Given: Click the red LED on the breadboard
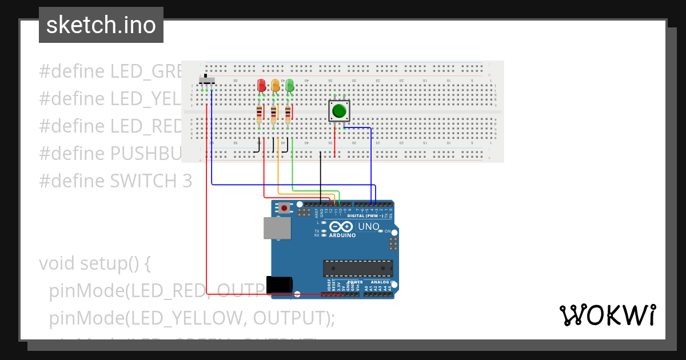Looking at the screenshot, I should click(x=262, y=86).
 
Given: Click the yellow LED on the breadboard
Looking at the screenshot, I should click(x=276, y=86).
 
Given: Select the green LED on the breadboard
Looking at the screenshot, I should click(x=289, y=86).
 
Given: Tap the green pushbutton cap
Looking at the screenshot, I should click(x=339, y=110).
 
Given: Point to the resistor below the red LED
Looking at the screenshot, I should click(x=260, y=114).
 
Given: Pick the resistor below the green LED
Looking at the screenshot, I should click(x=288, y=114).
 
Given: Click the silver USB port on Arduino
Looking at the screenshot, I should click(x=277, y=227).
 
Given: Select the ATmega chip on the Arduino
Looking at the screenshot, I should click(x=358, y=268).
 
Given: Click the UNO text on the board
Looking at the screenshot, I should click(x=369, y=227).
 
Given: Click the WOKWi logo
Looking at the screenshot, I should click(x=607, y=315).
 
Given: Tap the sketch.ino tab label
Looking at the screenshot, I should click(x=101, y=25).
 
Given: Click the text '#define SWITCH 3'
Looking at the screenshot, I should click(x=115, y=181).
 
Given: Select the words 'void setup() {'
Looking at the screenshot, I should click(x=95, y=263).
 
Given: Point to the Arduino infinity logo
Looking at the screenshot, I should click(x=342, y=227).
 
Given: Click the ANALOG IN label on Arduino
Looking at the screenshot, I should click(x=381, y=282).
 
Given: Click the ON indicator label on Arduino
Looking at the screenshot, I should click(x=388, y=231).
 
